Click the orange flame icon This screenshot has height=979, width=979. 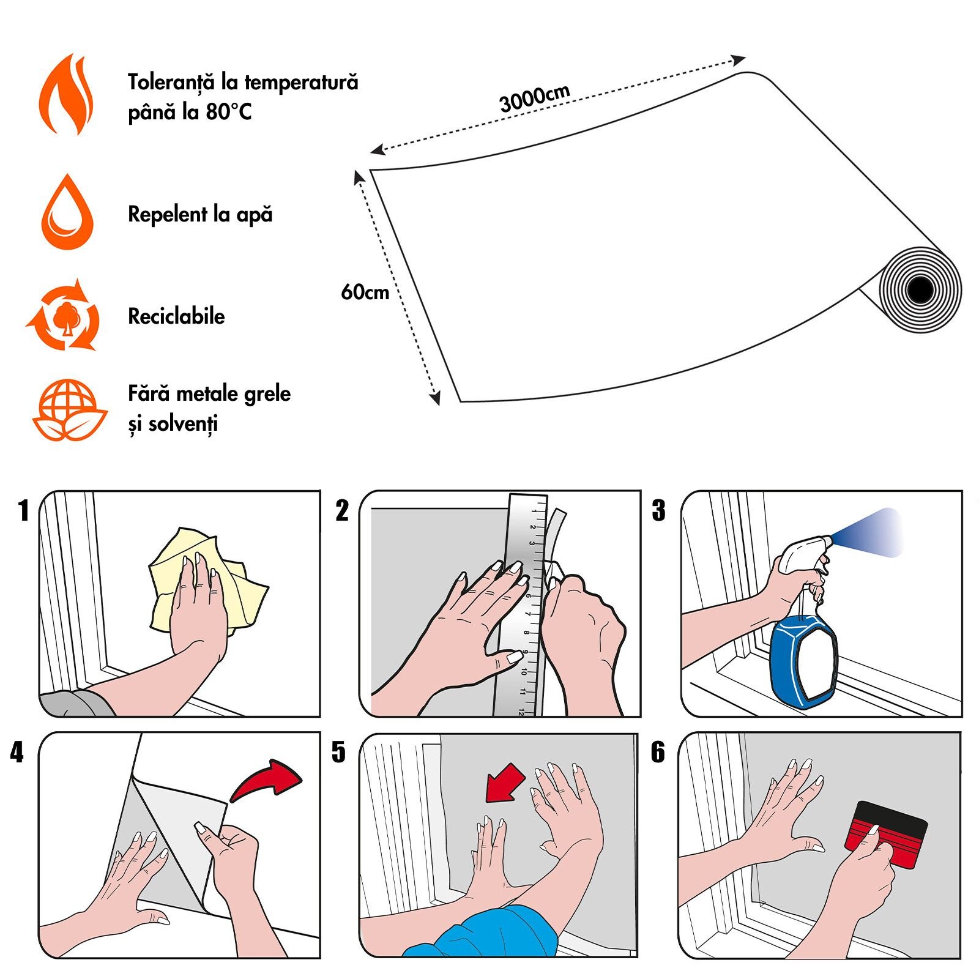coord(66,95)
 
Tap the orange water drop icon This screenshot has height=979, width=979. coord(67,214)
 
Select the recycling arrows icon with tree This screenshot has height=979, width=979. coord(64,316)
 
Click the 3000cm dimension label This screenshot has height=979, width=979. coord(534,99)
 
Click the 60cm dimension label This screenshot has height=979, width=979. coord(365,292)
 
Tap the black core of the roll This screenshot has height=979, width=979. coord(920,290)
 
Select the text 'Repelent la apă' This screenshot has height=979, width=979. coord(200,214)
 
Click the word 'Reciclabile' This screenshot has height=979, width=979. coord(176,316)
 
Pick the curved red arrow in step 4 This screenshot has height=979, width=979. coord(267,780)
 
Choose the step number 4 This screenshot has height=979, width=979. coord(17,752)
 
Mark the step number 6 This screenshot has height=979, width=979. coord(658,752)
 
